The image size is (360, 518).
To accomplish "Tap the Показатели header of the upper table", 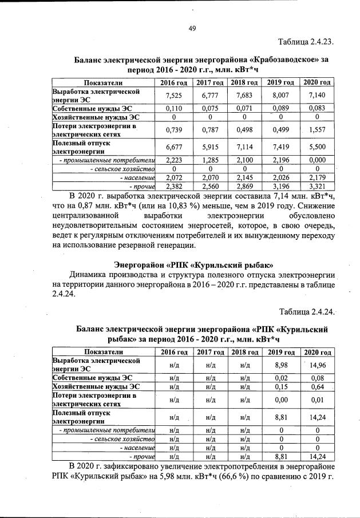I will [104, 83].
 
